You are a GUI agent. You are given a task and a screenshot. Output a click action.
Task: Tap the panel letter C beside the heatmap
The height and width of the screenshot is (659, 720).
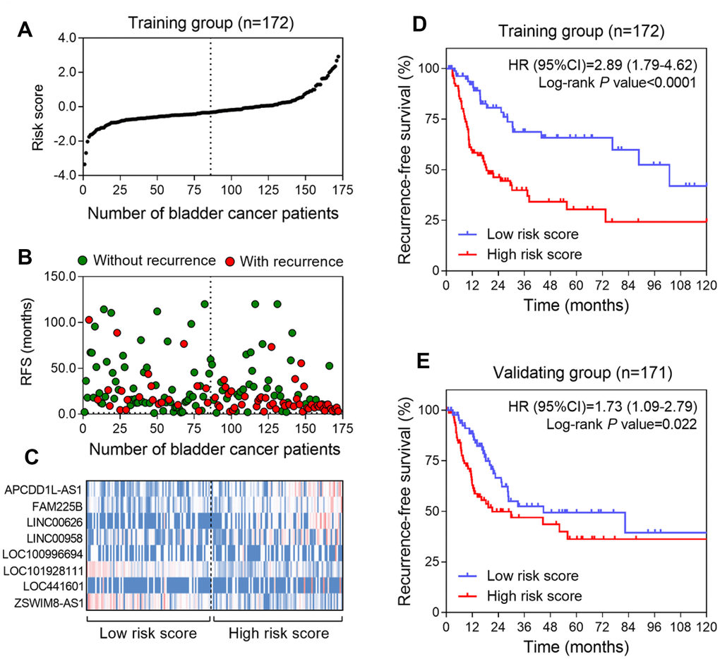coord(26,457)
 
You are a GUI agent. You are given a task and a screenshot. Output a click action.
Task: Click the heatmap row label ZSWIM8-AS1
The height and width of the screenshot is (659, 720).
coord(48,602)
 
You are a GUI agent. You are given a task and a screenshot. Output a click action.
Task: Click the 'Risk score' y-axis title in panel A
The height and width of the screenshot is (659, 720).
coord(38,106)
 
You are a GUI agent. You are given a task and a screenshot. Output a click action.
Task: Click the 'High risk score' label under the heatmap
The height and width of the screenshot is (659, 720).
coord(277,633)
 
